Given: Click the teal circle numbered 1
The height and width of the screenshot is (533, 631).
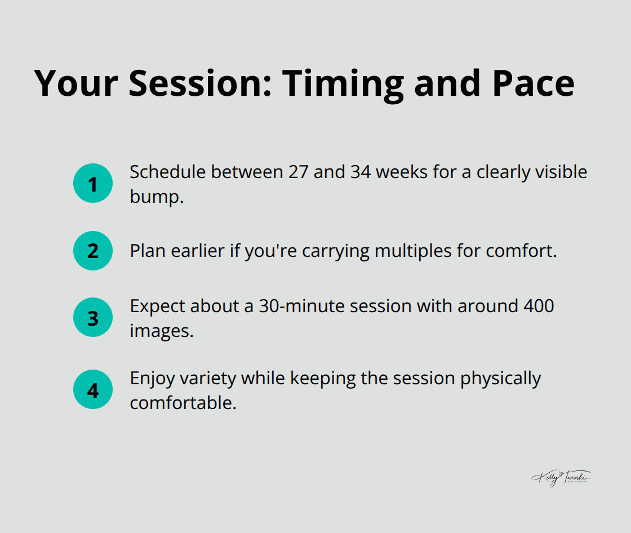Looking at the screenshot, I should pos(93,183).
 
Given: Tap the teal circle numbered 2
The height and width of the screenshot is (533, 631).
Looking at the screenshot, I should pos(93,251).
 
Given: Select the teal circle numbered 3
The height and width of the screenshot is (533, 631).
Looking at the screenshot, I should pos(93,318).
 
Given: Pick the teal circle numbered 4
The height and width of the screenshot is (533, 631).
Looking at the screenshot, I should pos(93,389).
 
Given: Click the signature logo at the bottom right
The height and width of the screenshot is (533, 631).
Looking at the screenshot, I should pos(562,478).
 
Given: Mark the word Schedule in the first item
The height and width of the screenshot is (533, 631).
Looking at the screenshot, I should pos(167,172).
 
